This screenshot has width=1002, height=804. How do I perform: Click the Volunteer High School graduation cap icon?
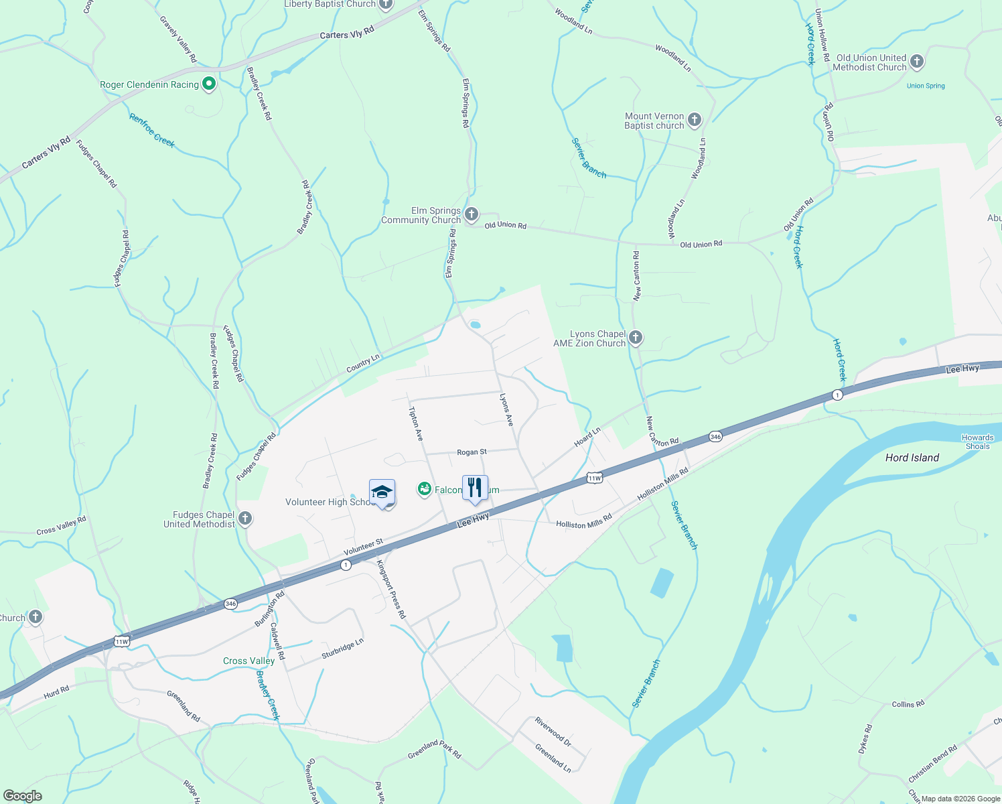point(382,492)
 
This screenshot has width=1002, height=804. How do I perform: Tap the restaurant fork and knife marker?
point(475,488)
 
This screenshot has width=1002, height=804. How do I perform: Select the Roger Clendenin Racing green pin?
point(209,84)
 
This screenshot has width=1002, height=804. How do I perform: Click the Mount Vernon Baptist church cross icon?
point(695,121)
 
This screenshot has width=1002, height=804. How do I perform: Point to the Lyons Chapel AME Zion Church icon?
point(636,338)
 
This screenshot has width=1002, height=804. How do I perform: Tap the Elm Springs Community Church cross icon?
point(472,214)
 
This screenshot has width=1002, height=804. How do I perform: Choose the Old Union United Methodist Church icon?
point(917,62)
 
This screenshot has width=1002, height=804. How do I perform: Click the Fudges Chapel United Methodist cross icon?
point(245,519)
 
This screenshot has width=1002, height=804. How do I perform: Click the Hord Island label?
point(912,458)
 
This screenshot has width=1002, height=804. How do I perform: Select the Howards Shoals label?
point(977,442)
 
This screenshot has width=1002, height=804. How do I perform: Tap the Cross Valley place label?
point(248,661)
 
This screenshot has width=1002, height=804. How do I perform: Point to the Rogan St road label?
point(472,452)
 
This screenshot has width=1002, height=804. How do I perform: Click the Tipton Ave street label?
point(416,423)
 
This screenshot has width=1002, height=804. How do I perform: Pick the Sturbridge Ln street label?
point(342,648)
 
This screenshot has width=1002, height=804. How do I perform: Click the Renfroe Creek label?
point(152,130)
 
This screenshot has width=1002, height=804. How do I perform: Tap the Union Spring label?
point(926,86)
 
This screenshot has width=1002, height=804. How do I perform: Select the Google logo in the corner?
point(23,796)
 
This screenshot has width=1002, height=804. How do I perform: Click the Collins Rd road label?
point(908,704)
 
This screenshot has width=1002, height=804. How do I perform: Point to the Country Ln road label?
point(363,364)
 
